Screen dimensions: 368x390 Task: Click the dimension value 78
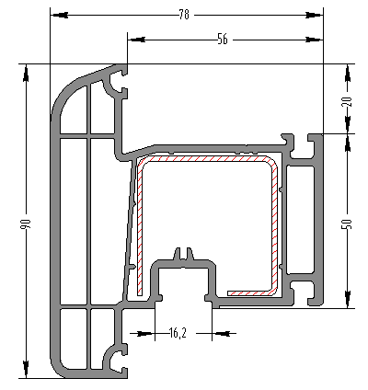pyautogui.click(x=184, y=15)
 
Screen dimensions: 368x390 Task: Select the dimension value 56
pyautogui.click(x=223, y=40)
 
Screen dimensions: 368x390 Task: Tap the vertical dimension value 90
pyautogui.click(x=26, y=224)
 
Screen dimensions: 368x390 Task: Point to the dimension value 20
pyautogui.click(x=348, y=101)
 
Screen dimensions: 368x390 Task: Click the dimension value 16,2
pyautogui.click(x=178, y=333)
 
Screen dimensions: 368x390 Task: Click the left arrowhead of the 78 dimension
pyautogui.click(x=59, y=15)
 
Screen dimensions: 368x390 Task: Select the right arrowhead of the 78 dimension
pyautogui.click(x=315, y=15)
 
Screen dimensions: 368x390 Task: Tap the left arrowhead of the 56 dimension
pyautogui.click(x=136, y=40)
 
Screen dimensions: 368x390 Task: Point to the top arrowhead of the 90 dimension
pyautogui.click(x=26, y=73)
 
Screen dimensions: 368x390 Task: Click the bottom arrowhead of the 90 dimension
pyautogui.click(x=26, y=369)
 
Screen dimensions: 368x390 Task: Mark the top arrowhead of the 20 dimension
pyautogui.click(x=348, y=73)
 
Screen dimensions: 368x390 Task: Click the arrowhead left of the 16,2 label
pyautogui.click(x=145, y=333)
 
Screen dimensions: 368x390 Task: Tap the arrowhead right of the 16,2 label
pyautogui.click(x=221, y=333)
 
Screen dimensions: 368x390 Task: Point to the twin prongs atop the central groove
pyautogui.click(x=185, y=254)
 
